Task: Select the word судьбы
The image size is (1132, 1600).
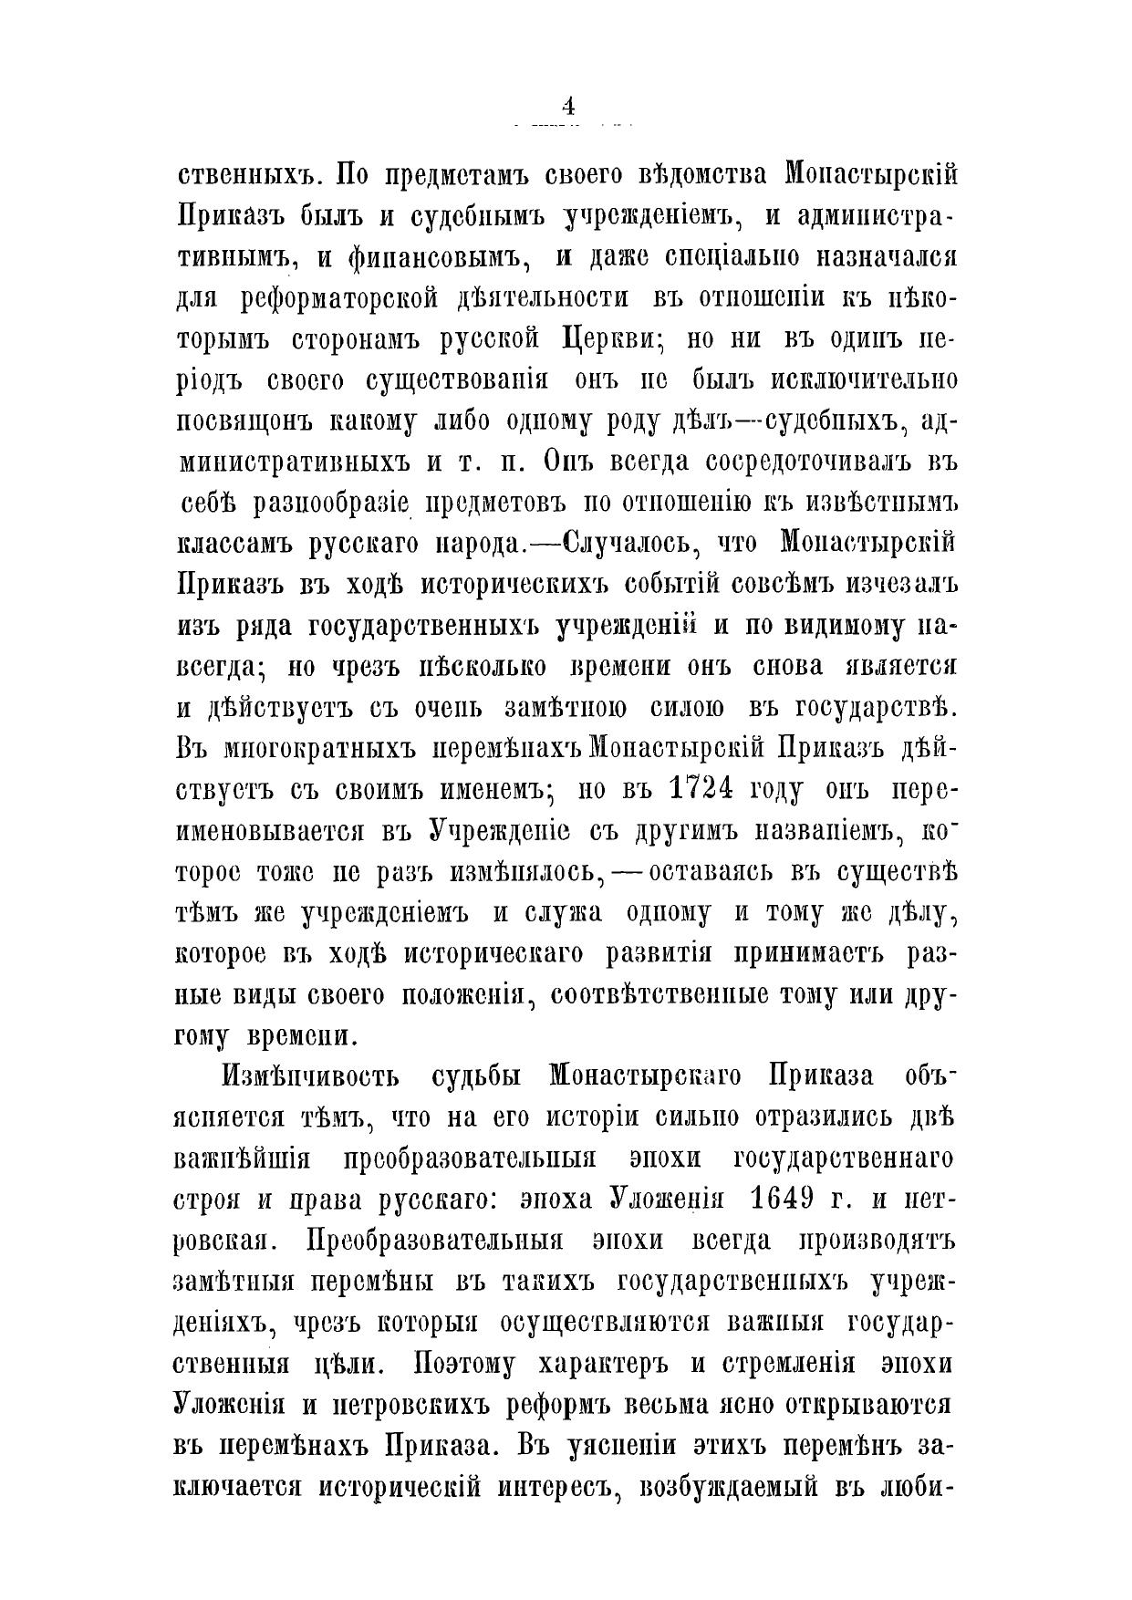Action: [474, 1075]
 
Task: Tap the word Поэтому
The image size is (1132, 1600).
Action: [466, 1365]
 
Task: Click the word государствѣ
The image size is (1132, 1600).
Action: [876, 708]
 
